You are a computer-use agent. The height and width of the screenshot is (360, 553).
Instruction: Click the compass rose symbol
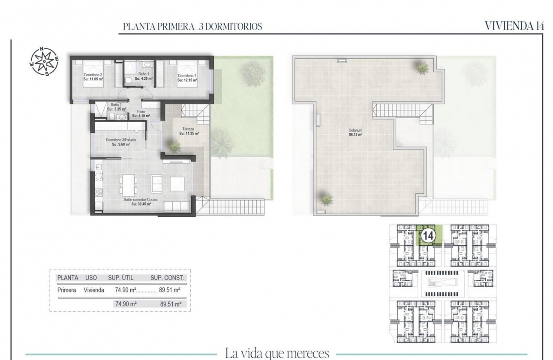click(44, 61)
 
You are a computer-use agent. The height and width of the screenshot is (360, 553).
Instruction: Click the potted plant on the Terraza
click(175, 147)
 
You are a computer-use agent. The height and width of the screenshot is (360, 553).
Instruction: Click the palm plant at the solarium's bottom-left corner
click(327, 199)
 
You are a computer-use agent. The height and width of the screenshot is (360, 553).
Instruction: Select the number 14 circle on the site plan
click(428, 235)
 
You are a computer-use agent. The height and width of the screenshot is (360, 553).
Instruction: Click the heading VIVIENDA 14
click(514, 26)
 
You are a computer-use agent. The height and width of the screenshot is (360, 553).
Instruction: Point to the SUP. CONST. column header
click(167, 278)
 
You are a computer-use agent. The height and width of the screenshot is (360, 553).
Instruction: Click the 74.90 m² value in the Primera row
click(126, 290)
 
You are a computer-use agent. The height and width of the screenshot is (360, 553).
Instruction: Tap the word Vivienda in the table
click(94, 290)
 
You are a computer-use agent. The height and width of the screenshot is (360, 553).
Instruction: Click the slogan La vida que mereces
click(277, 354)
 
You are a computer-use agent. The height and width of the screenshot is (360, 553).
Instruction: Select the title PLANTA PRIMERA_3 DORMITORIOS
click(192, 27)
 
